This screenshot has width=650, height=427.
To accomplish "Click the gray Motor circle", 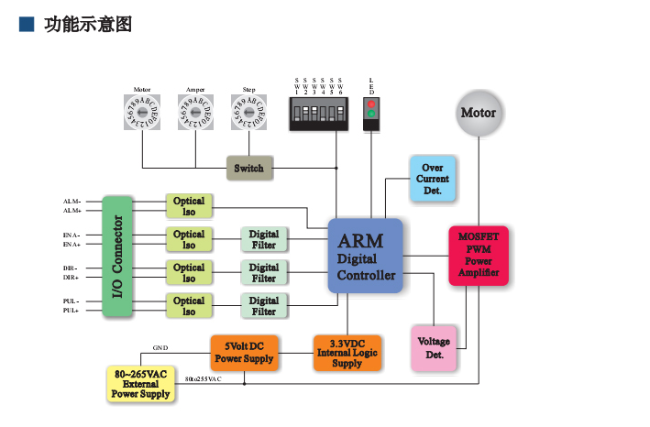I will [x=478, y=114].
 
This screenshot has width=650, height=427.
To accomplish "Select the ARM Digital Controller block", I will [x=365, y=256].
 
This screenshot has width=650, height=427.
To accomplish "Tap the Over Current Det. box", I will [x=433, y=179].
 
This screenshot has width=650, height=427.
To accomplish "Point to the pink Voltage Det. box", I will [x=434, y=347].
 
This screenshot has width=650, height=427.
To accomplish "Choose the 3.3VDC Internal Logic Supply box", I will [x=347, y=352].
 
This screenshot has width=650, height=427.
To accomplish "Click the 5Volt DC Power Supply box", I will [x=244, y=352].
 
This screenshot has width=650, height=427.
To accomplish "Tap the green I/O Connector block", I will [x=118, y=256].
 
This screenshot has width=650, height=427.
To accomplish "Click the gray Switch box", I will [x=248, y=169].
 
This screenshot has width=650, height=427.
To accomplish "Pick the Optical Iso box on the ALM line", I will [x=189, y=206].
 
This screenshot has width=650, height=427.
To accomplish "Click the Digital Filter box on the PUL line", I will [x=263, y=306].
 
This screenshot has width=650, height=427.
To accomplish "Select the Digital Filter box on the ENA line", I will [x=263, y=239].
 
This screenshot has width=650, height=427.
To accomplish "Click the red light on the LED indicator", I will [x=371, y=105].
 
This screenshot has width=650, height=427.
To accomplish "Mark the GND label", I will [x=160, y=349].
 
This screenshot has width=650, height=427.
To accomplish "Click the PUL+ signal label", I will [x=71, y=311].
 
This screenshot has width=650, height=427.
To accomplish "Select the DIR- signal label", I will [x=71, y=268].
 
